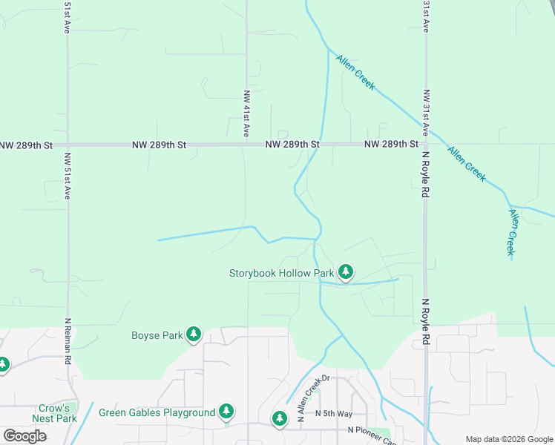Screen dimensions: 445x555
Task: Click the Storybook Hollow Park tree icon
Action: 345,272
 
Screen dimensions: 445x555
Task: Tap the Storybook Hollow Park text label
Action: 282,273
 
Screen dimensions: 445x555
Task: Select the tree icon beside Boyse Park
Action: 194,334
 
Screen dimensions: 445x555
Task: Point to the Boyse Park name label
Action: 157,335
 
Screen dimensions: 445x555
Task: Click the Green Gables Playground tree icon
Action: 226,412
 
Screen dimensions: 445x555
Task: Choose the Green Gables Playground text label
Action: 157,412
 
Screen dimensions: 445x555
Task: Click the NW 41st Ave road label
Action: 246,113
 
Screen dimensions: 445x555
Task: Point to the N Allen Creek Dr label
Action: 317,399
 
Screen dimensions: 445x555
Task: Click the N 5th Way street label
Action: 333,413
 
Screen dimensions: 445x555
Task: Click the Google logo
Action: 24,436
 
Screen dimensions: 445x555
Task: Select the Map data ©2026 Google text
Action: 508,438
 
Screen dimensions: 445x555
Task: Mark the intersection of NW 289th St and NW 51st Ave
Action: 68,145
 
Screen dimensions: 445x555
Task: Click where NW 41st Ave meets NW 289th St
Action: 246,145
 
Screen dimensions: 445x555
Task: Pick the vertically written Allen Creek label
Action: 511,232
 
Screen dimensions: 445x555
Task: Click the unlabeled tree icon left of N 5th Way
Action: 280,419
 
